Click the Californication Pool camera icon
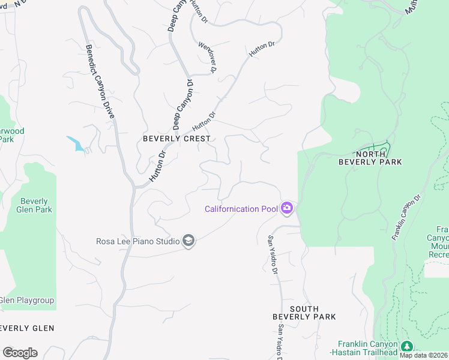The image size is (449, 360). (x=287, y=208)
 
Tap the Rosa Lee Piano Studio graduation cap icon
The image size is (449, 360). (x=188, y=241)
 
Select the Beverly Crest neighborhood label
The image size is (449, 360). (x=176, y=139)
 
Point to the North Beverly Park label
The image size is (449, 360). (x=370, y=158)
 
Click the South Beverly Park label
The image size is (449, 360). (x=304, y=313)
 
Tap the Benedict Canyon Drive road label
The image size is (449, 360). (x=100, y=81)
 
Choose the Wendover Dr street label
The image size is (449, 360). (x=208, y=58)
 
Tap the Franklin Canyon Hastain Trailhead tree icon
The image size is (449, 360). (x=407, y=347)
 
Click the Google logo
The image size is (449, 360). (x=20, y=353)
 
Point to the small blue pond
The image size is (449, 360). (x=76, y=144)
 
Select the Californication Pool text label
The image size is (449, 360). (x=241, y=209)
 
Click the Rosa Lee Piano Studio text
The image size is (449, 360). (x=138, y=242)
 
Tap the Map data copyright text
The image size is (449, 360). (x=424, y=355)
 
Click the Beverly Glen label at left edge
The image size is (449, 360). (x=27, y=328)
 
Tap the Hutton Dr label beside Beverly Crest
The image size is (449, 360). (x=203, y=122)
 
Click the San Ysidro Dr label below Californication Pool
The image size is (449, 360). (x=273, y=255)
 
